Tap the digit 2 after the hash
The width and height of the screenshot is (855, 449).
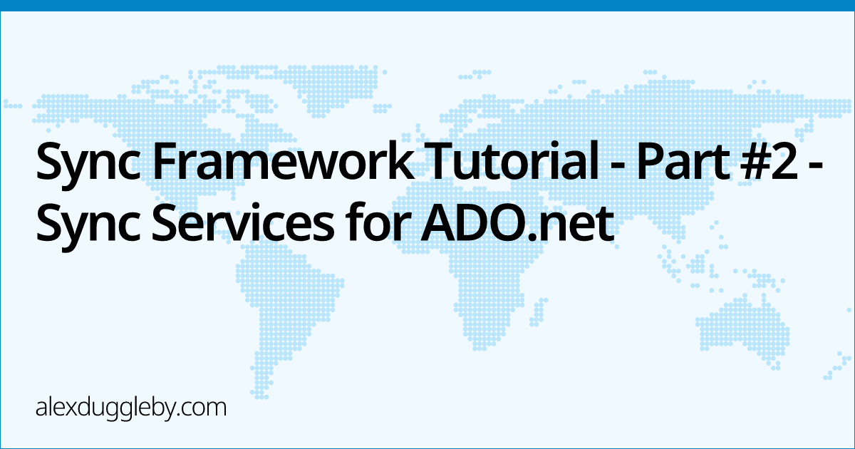click(x=785, y=160)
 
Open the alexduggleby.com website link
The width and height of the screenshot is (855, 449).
click(x=131, y=408)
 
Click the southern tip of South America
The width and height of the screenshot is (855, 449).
click(x=261, y=397)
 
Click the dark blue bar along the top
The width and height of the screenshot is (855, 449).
click(x=427, y=6)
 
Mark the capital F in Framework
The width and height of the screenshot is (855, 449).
click(x=165, y=160)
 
